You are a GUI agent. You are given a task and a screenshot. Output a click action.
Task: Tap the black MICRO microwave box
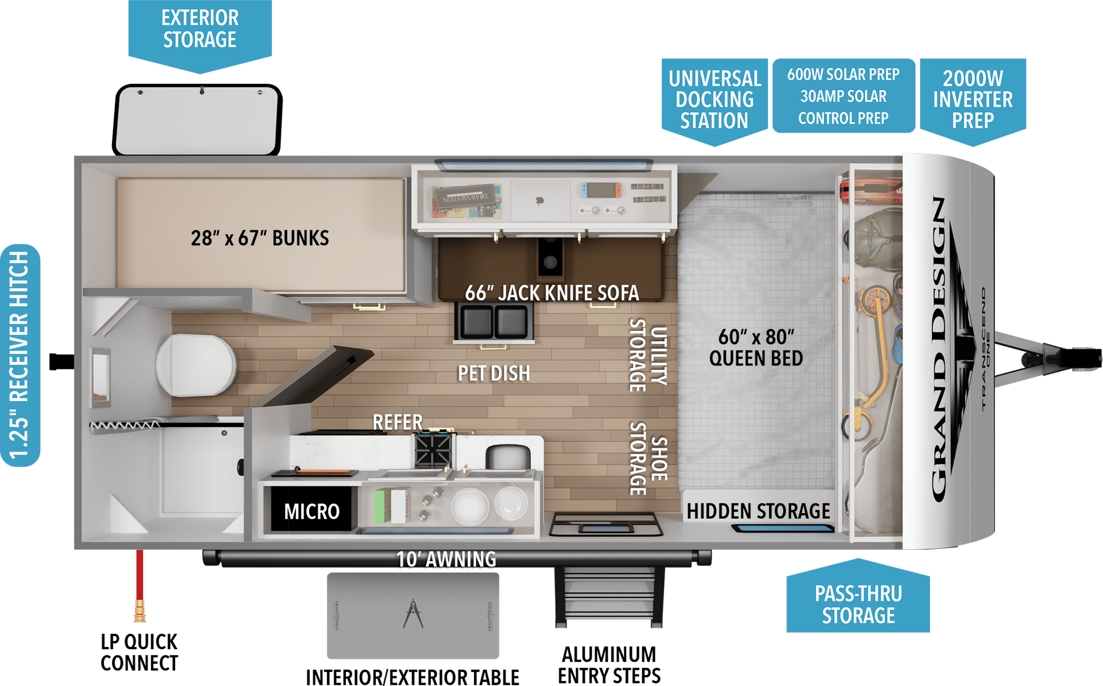[x=311, y=511]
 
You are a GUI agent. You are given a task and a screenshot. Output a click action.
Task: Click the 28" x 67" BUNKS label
[x=260, y=238]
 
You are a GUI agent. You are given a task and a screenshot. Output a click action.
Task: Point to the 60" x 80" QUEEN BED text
[x=756, y=347]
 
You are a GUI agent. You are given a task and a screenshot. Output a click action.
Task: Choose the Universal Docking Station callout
[x=714, y=99]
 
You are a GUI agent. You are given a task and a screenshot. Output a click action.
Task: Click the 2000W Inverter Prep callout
[x=973, y=99]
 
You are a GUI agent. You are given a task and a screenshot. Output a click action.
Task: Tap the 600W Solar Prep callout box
[x=843, y=96]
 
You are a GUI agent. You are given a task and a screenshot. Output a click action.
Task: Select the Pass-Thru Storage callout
[x=858, y=604]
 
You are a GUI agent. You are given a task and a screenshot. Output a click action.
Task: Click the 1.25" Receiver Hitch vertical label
[x=20, y=354]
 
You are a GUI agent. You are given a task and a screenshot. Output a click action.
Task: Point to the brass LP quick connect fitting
[x=140, y=611]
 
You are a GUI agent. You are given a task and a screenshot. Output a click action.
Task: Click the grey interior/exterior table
[x=412, y=615]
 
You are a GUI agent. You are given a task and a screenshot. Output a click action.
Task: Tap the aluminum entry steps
[x=608, y=598]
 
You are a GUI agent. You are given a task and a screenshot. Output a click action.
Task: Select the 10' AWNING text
[x=446, y=559]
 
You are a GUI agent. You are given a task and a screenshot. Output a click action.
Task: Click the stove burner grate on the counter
[x=433, y=449]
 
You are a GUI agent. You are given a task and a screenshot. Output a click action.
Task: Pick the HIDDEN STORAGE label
[x=758, y=511]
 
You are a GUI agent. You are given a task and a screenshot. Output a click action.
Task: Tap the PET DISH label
[x=493, y=373]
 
